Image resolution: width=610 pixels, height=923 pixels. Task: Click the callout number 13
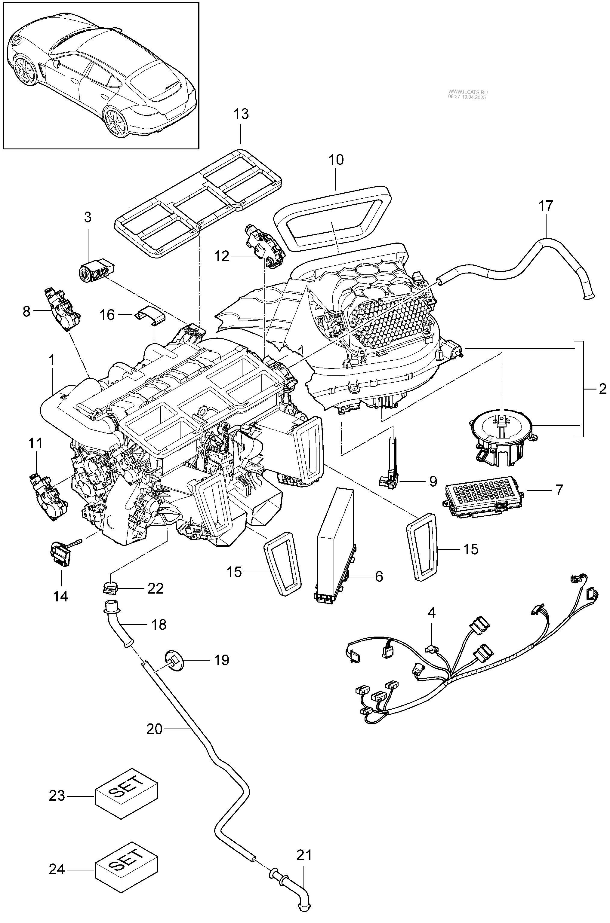tap(241, 114)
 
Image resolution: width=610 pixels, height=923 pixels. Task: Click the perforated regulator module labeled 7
tap(482, 498)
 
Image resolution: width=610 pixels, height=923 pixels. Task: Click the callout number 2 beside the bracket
tap(602, 389)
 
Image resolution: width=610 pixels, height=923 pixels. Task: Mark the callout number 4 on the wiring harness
tap(431, 613)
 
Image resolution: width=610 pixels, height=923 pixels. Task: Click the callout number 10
tap(336, 160)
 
